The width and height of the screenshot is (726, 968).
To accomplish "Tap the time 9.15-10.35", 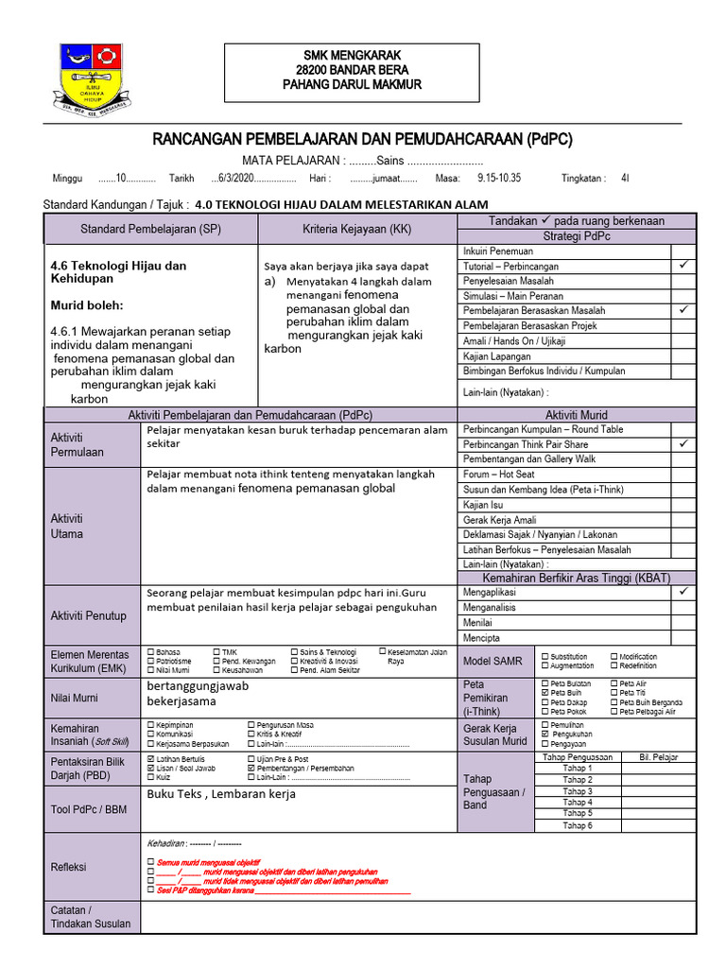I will coord(498,178).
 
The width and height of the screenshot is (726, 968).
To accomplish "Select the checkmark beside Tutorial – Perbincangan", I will coord(683,267).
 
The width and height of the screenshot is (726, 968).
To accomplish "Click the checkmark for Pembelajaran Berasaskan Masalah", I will coord(683,310).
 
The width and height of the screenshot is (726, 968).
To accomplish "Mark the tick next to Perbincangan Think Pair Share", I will coord(683,443).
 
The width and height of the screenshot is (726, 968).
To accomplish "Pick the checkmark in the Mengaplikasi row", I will coord(683,592).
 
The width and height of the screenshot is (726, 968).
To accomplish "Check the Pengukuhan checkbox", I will coord(544,734).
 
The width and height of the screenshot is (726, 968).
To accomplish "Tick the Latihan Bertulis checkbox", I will coord(151,759).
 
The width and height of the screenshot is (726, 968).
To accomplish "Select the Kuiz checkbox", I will coord(151,778).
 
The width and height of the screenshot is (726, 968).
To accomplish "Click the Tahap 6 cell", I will coord(577,825).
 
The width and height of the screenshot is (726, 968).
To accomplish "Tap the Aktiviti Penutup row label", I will coord(89,615).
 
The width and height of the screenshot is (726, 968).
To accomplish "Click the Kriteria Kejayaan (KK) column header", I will coord(357,230).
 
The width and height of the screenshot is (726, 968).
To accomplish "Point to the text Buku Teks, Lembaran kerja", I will coord(221,794).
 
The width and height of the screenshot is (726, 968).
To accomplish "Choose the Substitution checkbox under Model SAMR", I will coord(544,656).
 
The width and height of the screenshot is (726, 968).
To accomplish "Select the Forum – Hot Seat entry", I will coord(498,474).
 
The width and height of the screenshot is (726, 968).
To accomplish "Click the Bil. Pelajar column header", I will coord(658,757).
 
